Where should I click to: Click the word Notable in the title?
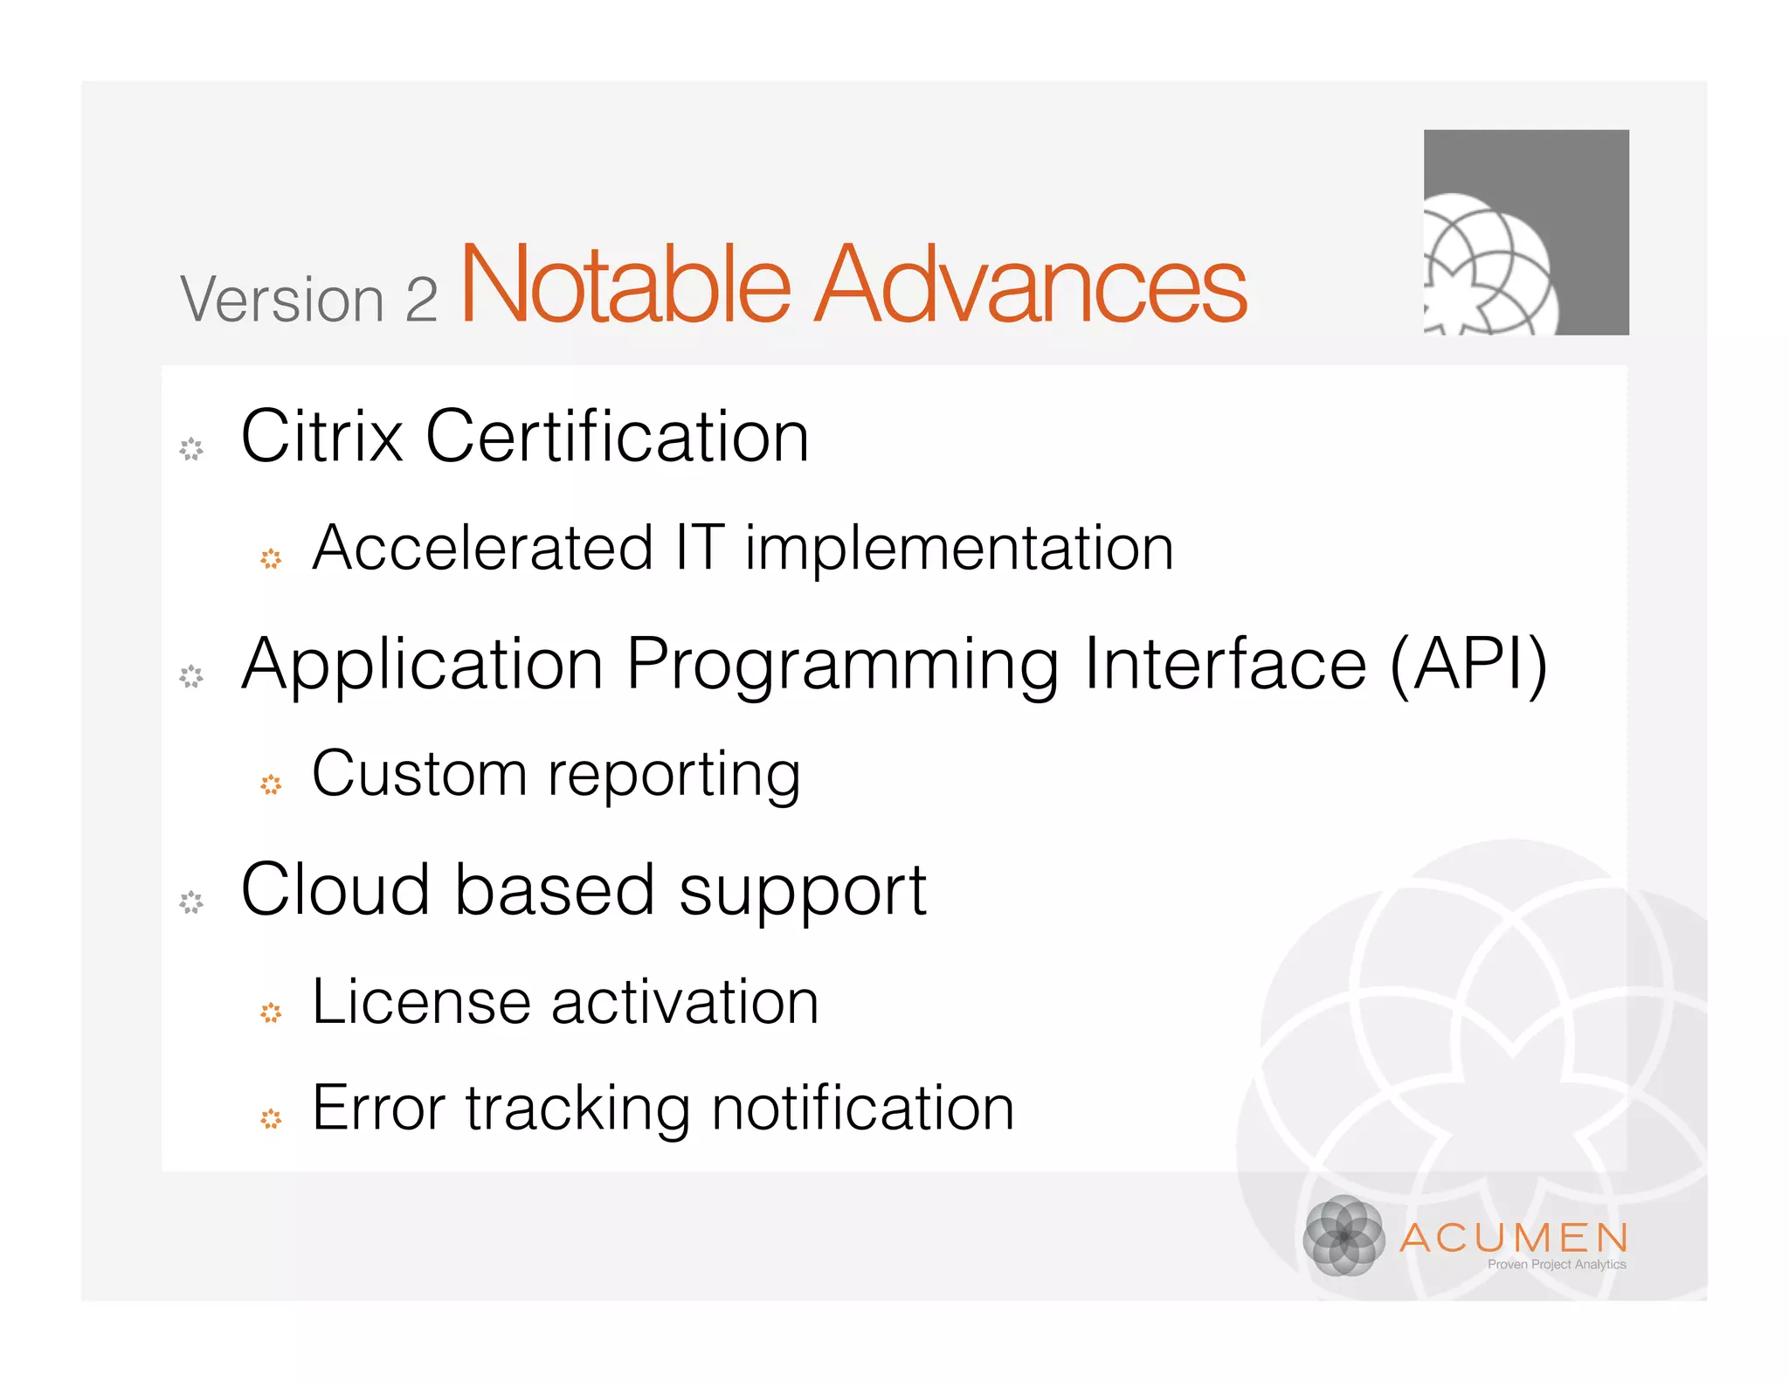(x=625, y=284)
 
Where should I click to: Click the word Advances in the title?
(x=1031, y=284)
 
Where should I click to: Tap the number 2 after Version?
(x=421, y=300)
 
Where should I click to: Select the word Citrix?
(x=321, y=436)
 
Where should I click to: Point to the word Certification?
(x=617, y=436)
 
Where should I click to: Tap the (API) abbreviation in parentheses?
(x=1468, y=664)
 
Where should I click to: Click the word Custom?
(x=418, y=774)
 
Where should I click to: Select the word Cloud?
(x=335, y=889)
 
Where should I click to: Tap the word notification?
(x=863, y=1108)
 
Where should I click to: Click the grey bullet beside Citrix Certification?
(x=191, y=449)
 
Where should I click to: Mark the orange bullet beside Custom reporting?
(x=271, y=784)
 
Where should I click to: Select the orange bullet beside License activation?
(x=271, y=1012)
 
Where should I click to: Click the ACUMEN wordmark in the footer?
(x=1514, y=1237)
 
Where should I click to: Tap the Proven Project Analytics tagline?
(x=1557, y=1264)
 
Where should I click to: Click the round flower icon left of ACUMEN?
(x=1343, y=1235)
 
